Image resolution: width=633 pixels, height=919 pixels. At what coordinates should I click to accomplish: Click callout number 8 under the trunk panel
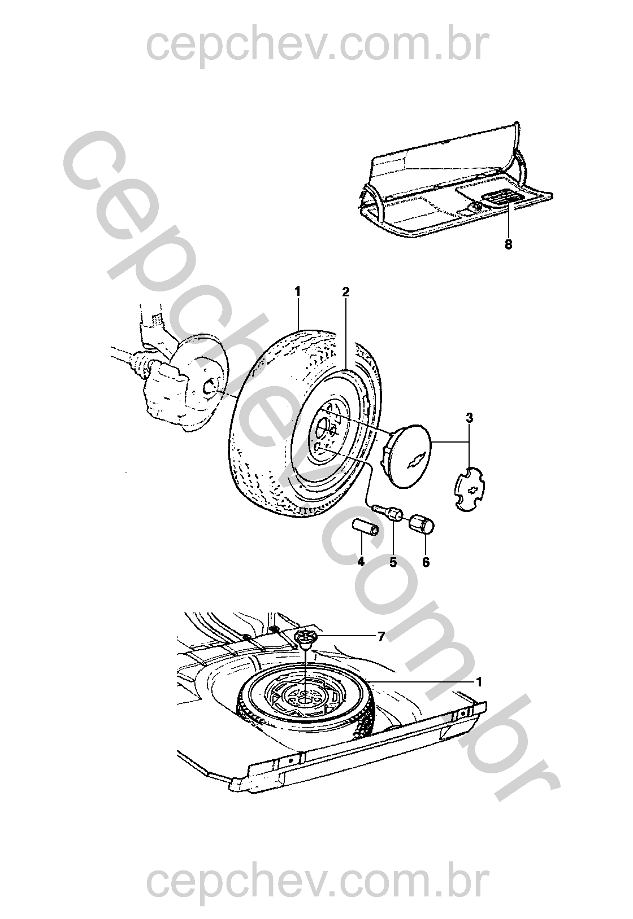(x=508, y=244)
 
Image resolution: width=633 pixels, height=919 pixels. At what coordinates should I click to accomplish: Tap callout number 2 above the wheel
(x=345, y=292)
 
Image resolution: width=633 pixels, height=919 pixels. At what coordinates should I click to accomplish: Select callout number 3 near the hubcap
(x=470, y=418)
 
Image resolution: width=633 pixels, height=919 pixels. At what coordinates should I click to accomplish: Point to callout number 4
(x=361, y=562)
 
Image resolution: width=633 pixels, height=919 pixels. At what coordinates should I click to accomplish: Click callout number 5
(x=393, y=562)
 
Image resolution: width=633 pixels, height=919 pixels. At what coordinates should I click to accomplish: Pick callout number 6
(x=426, y=562)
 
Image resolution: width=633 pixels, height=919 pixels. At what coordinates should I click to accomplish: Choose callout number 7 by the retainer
(x=381, y=637)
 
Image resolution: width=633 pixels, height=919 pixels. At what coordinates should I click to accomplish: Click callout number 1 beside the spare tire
(x=478, y=682)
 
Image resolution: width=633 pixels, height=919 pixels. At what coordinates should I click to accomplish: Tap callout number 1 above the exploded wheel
(x=297, y=292)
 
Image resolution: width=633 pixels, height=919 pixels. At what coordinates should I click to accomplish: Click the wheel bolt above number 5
(x=388, y=512)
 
